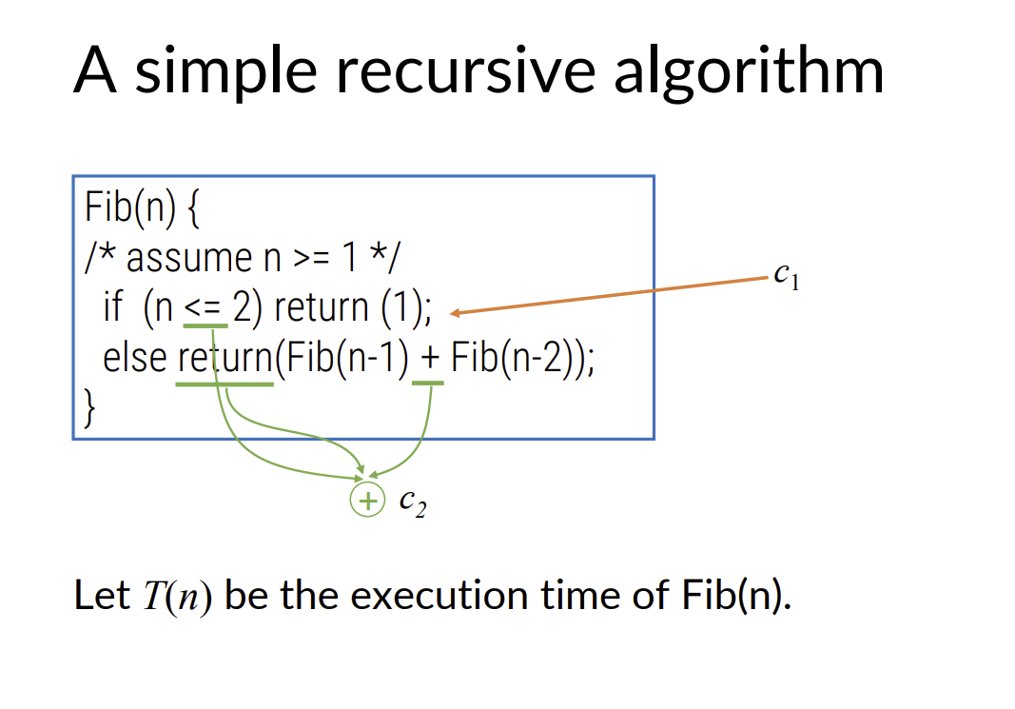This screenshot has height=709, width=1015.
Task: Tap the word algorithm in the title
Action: (749, 71)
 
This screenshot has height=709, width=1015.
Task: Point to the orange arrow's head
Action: (456, 313)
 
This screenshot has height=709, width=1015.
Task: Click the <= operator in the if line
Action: (202, 307)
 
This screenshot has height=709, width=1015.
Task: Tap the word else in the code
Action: (134, 359)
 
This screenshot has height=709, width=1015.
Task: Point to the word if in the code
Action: (112, 307)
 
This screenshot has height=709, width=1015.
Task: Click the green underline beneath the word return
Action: (224, 384)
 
